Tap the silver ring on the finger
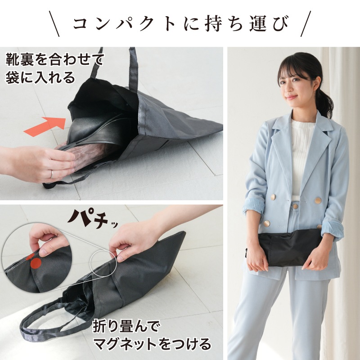click(52, 174)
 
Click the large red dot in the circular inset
click(36, 263)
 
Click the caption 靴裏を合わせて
click(55, 59)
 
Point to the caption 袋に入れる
click(40, 77)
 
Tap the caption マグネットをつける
click(152, 344)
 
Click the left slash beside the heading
click(54, 24)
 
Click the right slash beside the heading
click(306, 24)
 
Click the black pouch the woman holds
click(290, 248)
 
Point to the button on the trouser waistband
click(295, 206)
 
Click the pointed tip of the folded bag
click(184, 232)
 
